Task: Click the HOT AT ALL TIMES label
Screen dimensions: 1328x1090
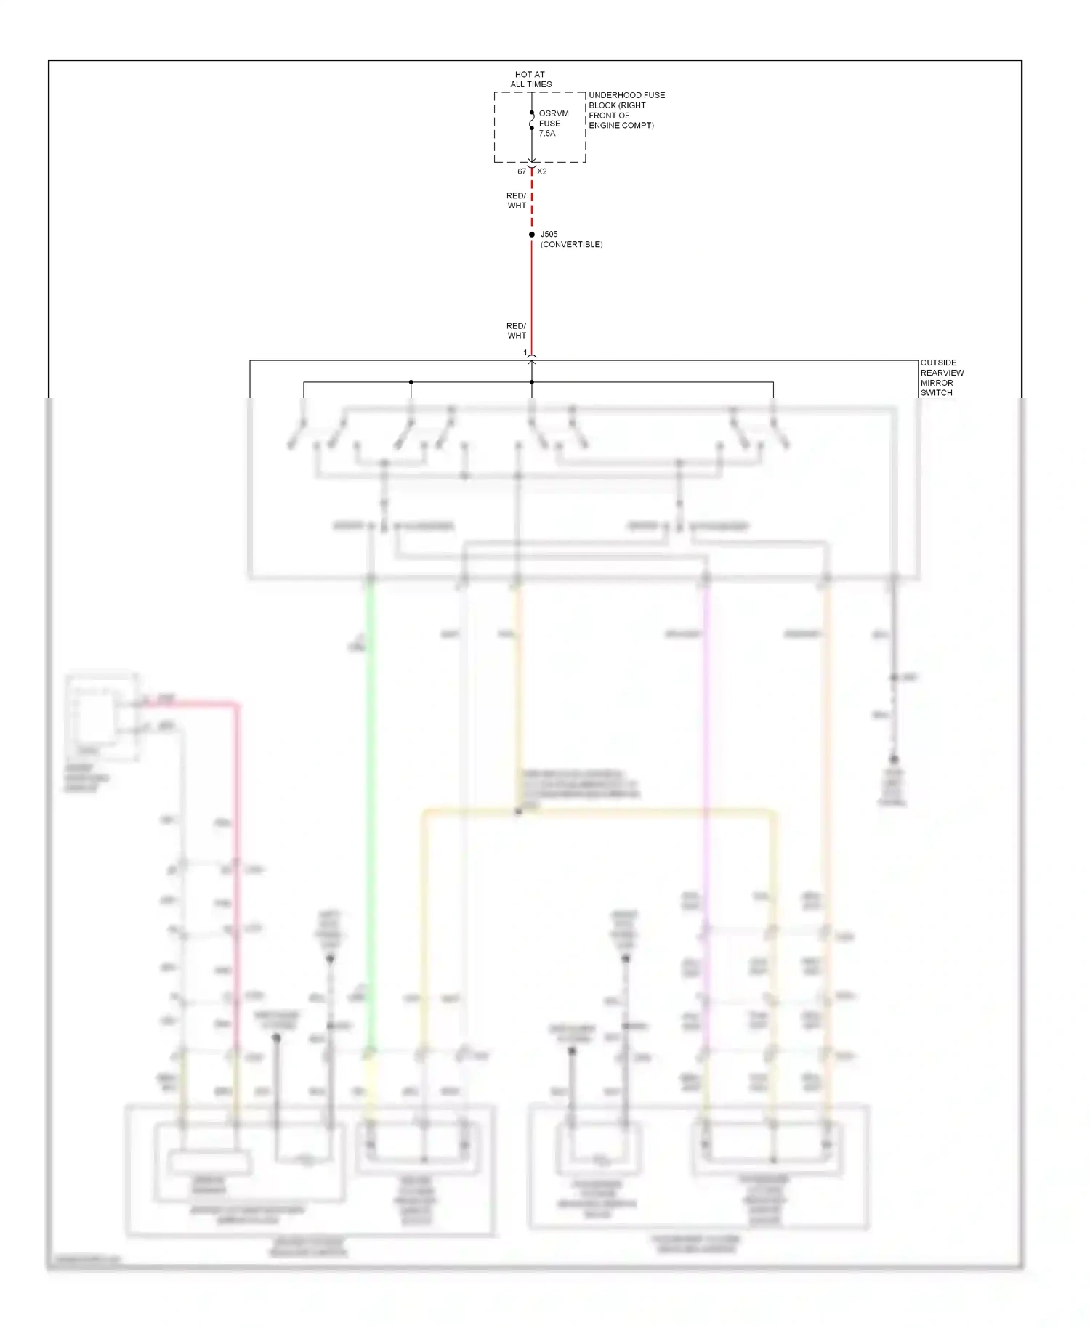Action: (530, 79)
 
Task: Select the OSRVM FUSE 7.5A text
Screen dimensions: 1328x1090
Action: (553, 124)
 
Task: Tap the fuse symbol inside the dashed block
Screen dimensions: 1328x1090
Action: (532, 121)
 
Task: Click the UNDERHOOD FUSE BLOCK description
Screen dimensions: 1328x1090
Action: (626, 110)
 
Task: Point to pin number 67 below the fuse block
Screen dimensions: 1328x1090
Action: (522, 171)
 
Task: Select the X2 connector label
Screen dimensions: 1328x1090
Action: (542, 171)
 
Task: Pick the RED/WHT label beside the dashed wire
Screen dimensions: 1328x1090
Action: (516, 201)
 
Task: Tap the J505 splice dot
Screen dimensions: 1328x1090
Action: (532, 235)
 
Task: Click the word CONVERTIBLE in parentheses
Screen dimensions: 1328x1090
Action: (571, 245)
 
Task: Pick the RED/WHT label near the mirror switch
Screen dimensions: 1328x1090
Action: (516, 331)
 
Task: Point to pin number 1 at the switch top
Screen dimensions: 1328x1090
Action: (525, 353)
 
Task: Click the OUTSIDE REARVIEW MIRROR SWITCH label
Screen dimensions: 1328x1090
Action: (942, 378)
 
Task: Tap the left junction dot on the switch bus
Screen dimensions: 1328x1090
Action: (411, 382)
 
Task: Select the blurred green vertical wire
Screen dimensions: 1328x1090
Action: (370, 799)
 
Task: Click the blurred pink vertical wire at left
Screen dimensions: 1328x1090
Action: (236, 835)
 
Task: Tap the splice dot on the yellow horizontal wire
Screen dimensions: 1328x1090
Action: (518, 811)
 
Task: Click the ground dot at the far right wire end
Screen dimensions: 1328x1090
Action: (894, 759)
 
